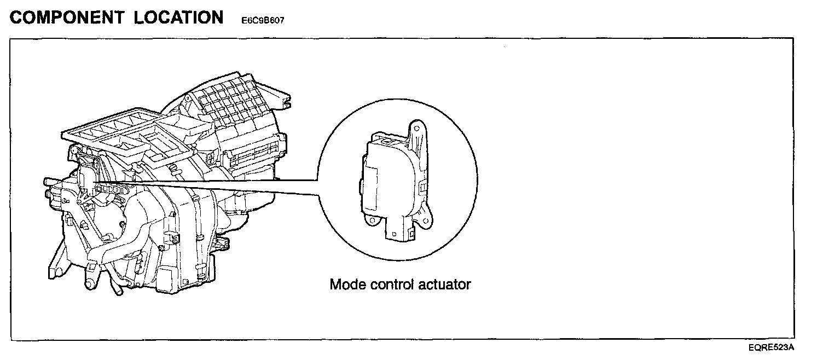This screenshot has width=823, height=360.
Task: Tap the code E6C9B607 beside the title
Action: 263,21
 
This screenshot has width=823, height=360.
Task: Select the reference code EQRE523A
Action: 772,347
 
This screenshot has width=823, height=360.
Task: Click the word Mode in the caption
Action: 348,284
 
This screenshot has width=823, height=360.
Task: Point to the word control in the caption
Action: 397,284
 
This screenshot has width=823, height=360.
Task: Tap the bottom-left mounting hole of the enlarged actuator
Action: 371,221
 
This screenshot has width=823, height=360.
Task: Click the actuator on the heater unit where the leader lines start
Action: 86,178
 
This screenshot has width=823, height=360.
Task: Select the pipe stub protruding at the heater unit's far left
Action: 49,181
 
